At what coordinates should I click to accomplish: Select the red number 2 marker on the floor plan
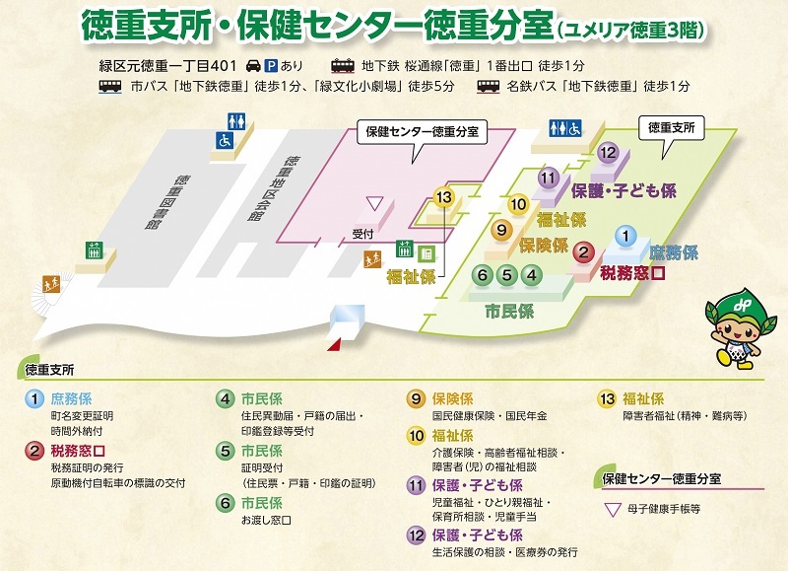click(x=584, y=253)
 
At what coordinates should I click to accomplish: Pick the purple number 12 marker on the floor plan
click(x=608, y=152)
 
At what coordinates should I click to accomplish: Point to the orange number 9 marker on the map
click(x=501, y=230)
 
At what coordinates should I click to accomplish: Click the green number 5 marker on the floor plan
click(x=506, y=275)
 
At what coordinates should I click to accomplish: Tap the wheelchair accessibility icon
click(x=226, y=141)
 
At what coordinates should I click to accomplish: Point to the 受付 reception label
click(x=363, y=235)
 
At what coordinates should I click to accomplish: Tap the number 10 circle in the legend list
click(x=415, y=435)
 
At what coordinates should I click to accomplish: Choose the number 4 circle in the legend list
click(x=225, y=399)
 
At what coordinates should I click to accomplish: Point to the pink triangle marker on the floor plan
click(x=373, y=202)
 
